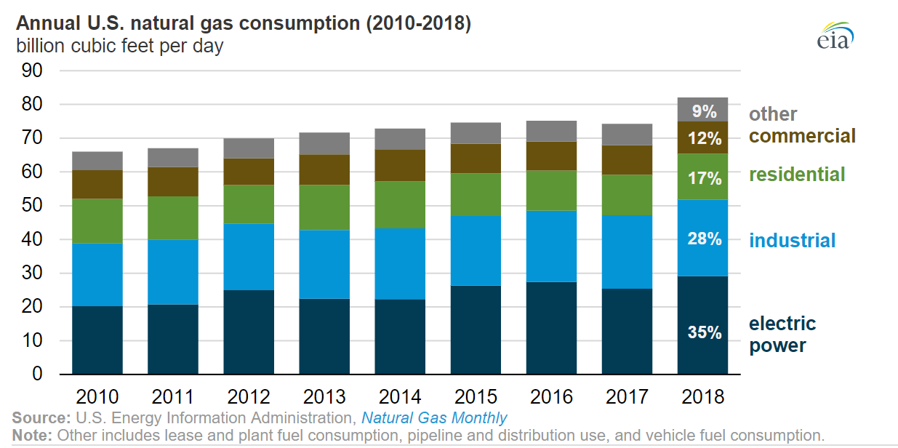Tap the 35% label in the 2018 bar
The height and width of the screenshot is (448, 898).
click(x=705, y=333)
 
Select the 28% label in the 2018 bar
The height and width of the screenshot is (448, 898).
click(x=705, y=239)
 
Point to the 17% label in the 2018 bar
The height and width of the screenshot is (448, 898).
click(x=705, y=178)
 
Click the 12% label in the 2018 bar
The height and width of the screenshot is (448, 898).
click(x=705, y=138)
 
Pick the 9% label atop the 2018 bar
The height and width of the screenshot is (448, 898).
click(x=705, y=111)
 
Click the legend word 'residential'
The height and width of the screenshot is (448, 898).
click(x=797, y=175)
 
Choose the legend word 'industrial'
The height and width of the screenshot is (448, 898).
click(x=793, y=241)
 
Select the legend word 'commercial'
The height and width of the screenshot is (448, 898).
click(x=802, y=136)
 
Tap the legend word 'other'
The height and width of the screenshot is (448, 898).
click(x=772, y=114)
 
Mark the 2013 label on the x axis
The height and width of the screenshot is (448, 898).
click(x=324, y=396)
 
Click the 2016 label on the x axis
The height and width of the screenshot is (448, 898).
click(x=552, y=396)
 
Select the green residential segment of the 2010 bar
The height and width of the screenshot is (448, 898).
click(x=97, y=221)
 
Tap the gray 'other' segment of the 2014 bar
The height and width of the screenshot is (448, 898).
click(x=401, y=139)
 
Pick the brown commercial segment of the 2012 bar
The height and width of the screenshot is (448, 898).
click(x=249, y=172)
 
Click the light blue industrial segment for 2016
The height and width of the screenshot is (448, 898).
click(x=552, y=246)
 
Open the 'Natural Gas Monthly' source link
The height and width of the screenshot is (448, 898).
click(x=434, y=418)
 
